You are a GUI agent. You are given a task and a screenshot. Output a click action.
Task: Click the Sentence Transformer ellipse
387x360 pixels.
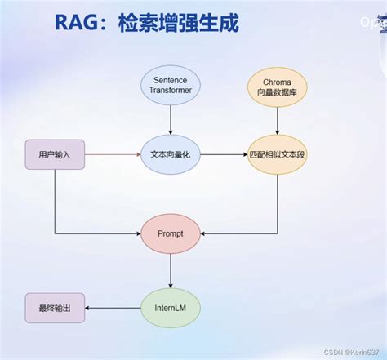pyautogui.click(x=170, y=85)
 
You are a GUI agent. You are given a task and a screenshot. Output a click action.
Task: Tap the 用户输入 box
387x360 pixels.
pyautogui.click(x=55, y=155)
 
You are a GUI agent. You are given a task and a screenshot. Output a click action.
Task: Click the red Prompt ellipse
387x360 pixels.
pyautogui.click(x=170, y=233)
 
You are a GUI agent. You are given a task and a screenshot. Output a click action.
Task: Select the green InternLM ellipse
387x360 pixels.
pyautogui.click(x=170, y=308)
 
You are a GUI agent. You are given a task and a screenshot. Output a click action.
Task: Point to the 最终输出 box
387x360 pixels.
pyautogui.click(x=55, y=308)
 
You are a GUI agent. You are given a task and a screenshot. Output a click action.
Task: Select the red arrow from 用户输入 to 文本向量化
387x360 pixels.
pyautogui.click(x=110, y=154)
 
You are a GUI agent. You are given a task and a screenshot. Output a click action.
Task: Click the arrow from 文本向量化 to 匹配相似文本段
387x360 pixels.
pyautogui.click(x=223, y=155)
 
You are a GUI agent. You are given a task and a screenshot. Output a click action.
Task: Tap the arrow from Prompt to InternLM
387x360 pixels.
pyautogui.click(x=170, y=271)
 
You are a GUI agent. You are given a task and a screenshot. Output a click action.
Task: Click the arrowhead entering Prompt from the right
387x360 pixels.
pyautogui.click(x=203, y=233)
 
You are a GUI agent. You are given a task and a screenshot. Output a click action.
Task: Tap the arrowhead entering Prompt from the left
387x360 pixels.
pyautogui.click(x=137, y=233)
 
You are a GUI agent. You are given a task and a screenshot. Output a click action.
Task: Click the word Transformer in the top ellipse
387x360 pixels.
pyautogui.click(x=170, y=91)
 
